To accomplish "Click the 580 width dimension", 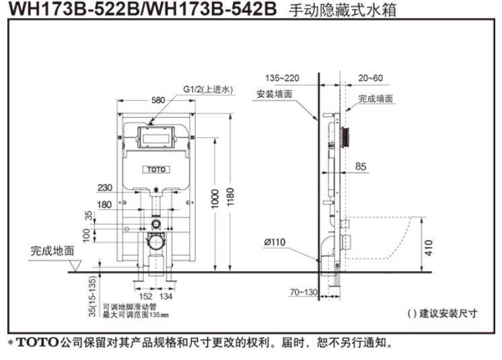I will (158, 100).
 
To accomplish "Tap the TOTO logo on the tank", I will (155, 169).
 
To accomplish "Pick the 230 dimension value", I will (105, 188).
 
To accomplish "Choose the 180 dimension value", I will (105, 204).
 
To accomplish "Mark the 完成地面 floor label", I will (52, 251).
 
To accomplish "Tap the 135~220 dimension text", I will (282, 77).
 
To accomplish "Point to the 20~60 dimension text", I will (370, 77).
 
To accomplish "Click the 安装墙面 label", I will (274, 94).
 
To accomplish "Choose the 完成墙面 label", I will (375, 98).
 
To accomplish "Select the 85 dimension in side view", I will (361, 167).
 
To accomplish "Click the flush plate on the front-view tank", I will (155, 138).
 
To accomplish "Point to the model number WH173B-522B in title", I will (71, 10).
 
